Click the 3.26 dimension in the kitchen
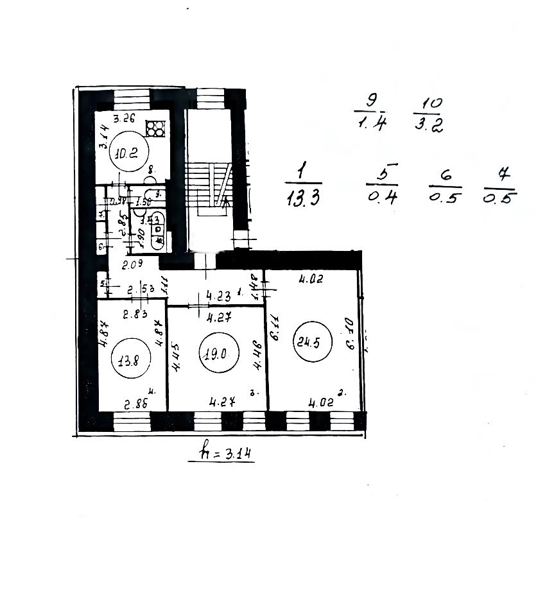[125, 119]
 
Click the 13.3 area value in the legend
[304, 198]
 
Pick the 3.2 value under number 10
[429, 126]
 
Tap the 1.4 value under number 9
[371, 125]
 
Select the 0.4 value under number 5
[383, 196]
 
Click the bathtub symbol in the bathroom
[157, 230]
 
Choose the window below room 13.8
[132, 421]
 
